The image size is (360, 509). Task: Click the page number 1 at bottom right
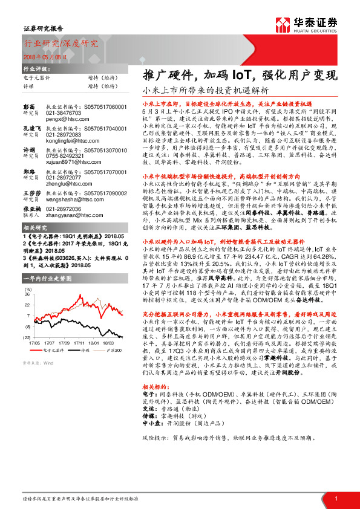click(x=335, y=498)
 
